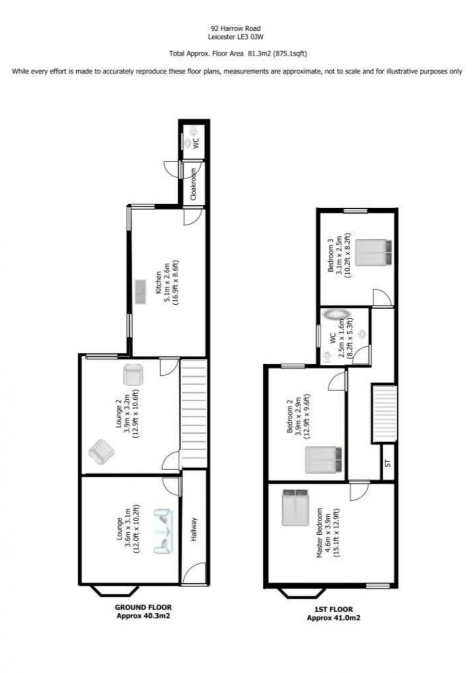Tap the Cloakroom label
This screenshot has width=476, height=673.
pyautogui.click(x=193, y=184)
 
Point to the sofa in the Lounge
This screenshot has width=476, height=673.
pyautogui.click(x=162, y=531)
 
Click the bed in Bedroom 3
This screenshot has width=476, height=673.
pyautogui.click(x=374, y=252)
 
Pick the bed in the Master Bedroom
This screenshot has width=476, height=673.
pyautogui.click(x=295, y=508)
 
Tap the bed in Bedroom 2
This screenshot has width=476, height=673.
pyautogui.click(x=323, y=460)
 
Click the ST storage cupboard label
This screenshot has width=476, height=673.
pyautogui.click(x=388, y=463)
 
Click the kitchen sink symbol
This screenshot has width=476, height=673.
pyautogui.click(x=141, y=291)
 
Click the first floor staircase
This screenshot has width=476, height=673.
pyautogui.click(x=385, y=413)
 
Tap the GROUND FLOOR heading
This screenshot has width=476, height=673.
pyautogui.click(x=143, y=607)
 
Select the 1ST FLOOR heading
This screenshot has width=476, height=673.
pyautogui.click(x=333, y=609)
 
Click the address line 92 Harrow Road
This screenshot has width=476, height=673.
pyautogui.click(x=236, y=29)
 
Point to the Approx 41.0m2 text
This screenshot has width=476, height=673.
pyautogui.click(x=333, y=618)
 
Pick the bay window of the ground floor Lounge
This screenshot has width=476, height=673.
pyautogui.click(x=115, y=590)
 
